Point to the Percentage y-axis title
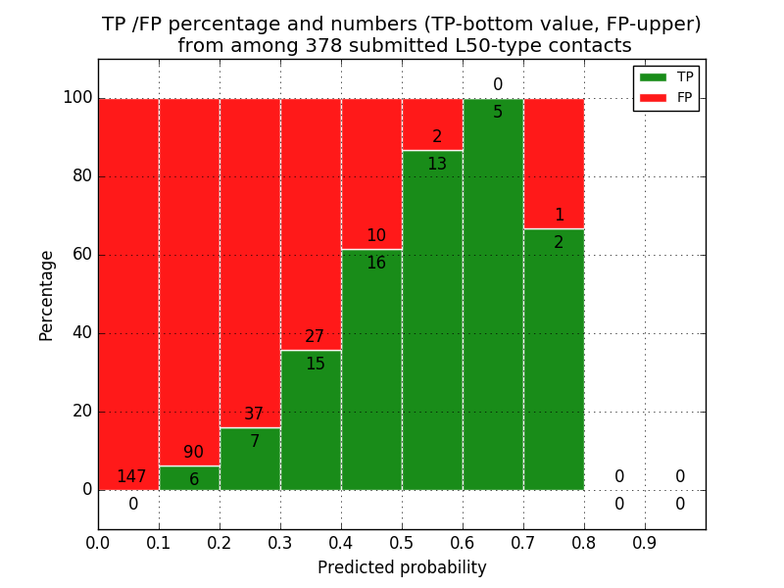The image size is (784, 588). (x=46, y=295)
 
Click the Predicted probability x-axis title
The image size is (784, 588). (x=402, y=567)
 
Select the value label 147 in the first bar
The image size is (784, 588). (x=131, y=477)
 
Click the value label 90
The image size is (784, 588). (x=193, y=453)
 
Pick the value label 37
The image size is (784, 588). (x=254, y=415)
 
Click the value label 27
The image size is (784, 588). (x=315, y=337)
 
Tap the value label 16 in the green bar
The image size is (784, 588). (x=375, y=263)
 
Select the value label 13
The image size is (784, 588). (x=437, y=164)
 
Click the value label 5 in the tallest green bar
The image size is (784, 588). (x=498, y=112)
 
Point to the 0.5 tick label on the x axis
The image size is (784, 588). (x=402, y=541)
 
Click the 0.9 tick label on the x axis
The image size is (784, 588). (x=645, y=541)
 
